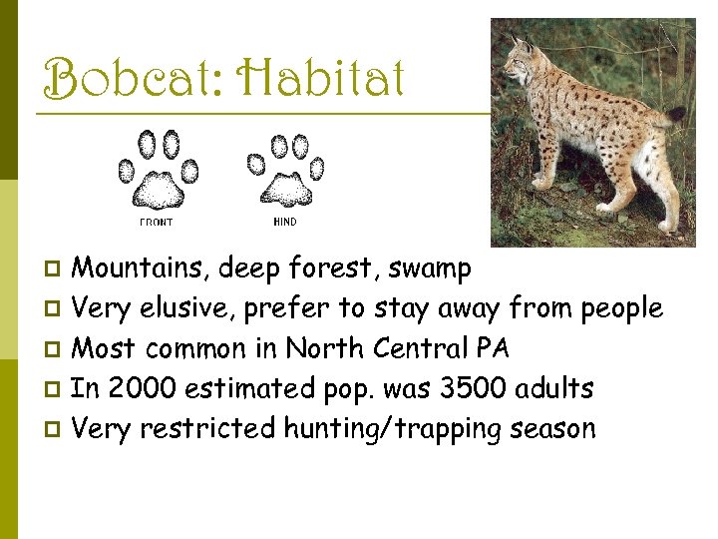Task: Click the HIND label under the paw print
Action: (x=284, y=222)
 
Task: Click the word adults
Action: (x=556, y=388)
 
